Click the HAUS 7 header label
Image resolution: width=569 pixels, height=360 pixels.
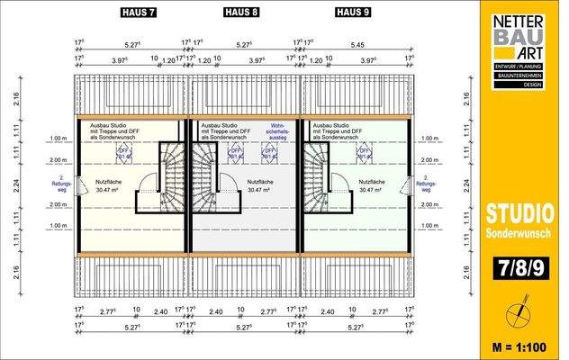coord(139,12)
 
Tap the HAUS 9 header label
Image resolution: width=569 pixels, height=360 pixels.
coord(352,12)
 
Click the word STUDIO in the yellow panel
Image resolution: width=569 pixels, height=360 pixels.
coord(519,214)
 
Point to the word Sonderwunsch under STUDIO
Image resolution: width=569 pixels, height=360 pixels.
coord(519,232)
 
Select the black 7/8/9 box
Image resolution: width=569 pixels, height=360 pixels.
coord(519,267)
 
